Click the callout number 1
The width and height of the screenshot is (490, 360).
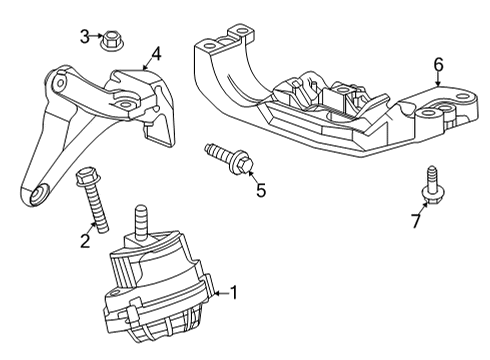[234, 293]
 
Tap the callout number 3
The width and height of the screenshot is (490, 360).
[85, 38]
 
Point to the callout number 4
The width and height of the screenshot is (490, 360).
[156, 54]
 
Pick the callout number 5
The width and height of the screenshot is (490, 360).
[261, 189]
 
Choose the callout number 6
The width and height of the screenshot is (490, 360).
[438, 66]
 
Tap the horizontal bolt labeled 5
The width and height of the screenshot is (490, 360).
[227, 157]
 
